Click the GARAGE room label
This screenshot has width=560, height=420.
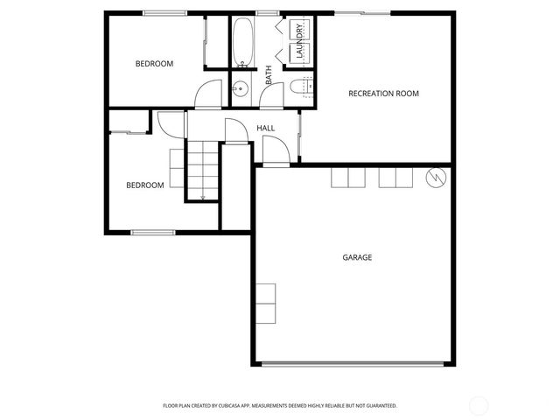click(357, 257)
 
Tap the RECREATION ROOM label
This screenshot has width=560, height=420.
click(383, 94)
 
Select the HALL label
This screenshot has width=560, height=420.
click(266, 129)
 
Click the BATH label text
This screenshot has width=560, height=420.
click(269, 75)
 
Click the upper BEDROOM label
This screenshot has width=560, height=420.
click(154, 64)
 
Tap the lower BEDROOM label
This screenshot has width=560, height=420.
click(145, 185)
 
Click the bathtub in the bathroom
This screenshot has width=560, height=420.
click(242, 39)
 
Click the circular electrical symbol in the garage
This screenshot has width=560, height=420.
click(435, 178)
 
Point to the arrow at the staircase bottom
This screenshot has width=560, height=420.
click(202, 197)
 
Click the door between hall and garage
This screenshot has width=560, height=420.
click(276, 155)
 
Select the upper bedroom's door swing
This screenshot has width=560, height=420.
click(208, 94)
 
